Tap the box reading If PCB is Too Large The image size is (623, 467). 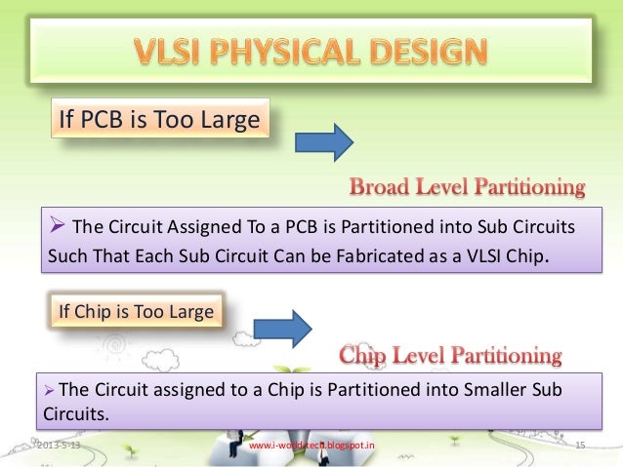[x=159, y=122]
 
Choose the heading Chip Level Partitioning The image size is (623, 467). [x=450, y=354]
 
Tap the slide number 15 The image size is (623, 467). [x=580, y=446]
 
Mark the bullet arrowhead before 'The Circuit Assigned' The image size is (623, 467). [x=57, y=228]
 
